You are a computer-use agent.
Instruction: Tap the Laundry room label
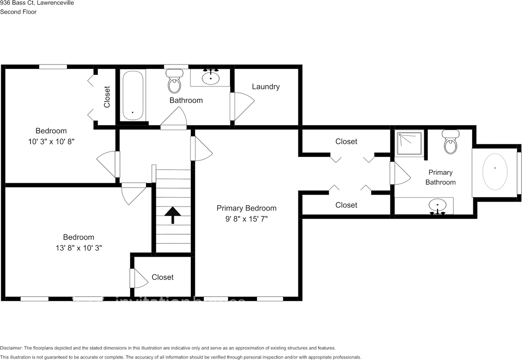pyautogui.click(x=265, y=87)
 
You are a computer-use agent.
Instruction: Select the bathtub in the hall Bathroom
pyautogui.click(x=133, y=95)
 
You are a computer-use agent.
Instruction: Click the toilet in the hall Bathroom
pyautogui.click(x=175, y=81)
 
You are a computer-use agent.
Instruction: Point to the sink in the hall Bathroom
pyautogui.click(x=210, y=77)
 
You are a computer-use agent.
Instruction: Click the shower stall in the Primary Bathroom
pyautogui.click(x=409, y=144)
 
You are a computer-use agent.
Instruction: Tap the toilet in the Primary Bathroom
pyautogui.click(x=451, y=142)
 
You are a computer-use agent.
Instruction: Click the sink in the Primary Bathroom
pyautogui.click(x=438, y=206)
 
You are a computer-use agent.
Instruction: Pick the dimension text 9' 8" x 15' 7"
pyautogui.click(x=246, y=219)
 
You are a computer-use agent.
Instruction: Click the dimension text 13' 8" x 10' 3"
pyautogui.click(x=78, y=248)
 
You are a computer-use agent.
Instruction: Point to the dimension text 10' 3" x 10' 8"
pyautogui.click(x=51, y=141)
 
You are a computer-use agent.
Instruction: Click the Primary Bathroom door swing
pyautogui.click(x=400, y=173)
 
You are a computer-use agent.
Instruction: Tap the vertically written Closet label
pyautogui.click(x=107, y=97)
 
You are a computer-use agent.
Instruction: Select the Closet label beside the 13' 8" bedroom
pyautogui.click(x=162, y=277)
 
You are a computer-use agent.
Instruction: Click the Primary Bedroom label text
pyautogui.click(x=246, y=208)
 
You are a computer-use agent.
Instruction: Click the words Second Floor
pyautogui.click(x=18, y=12)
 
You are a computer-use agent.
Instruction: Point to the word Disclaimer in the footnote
pyautogui.click(x=11, y=348)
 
